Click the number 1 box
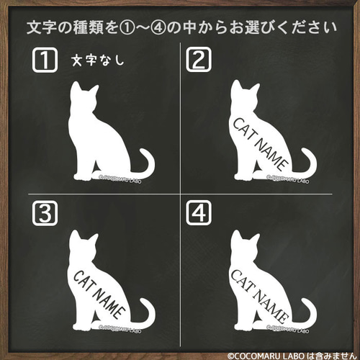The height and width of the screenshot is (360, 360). tap(45, 60)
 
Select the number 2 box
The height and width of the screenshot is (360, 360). tap(199, 60)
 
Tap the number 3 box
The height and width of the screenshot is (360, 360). tap(45, 212)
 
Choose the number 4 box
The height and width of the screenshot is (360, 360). tap(199, 212)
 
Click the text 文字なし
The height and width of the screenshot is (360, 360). tap(98, 61)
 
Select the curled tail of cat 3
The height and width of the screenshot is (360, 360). tap(146, 313)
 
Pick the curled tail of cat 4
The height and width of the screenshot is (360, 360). tap(307, 313)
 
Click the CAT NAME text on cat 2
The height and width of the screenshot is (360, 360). tap(260, 141)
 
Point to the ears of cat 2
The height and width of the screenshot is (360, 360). tap(240, 85)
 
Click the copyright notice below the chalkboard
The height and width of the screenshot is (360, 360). tap(292, 355)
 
